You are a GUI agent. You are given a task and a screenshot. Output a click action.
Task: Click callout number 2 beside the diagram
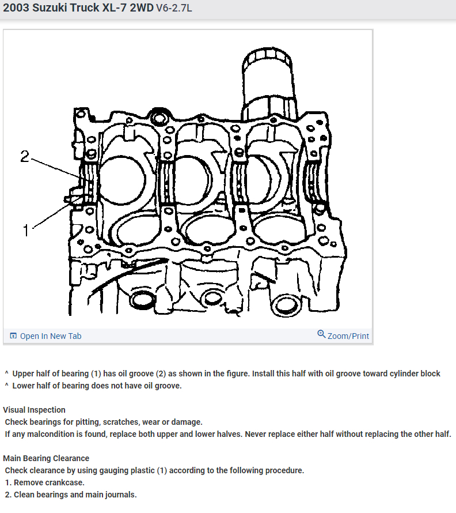tap(24, 156)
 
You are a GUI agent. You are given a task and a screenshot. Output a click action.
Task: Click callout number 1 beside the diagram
tap(25, 231)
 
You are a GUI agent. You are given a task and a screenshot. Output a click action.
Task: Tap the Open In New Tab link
tap(51, 336)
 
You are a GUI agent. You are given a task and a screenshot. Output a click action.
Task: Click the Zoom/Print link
tap(348, 336)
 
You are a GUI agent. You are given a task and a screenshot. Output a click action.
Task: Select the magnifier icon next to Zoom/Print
tap(321, 334)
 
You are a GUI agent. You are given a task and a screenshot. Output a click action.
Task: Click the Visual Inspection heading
tap(34, 410)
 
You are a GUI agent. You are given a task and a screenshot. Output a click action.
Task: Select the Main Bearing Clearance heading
tap(46, 458)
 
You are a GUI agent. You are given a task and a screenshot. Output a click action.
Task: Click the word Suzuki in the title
tap(56, 10)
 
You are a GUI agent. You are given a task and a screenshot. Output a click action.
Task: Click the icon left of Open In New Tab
tap(13, 336)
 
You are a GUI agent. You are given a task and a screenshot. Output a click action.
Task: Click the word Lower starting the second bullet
tap(24, 386)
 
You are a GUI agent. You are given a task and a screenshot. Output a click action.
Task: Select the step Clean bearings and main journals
tap(75, 495)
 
